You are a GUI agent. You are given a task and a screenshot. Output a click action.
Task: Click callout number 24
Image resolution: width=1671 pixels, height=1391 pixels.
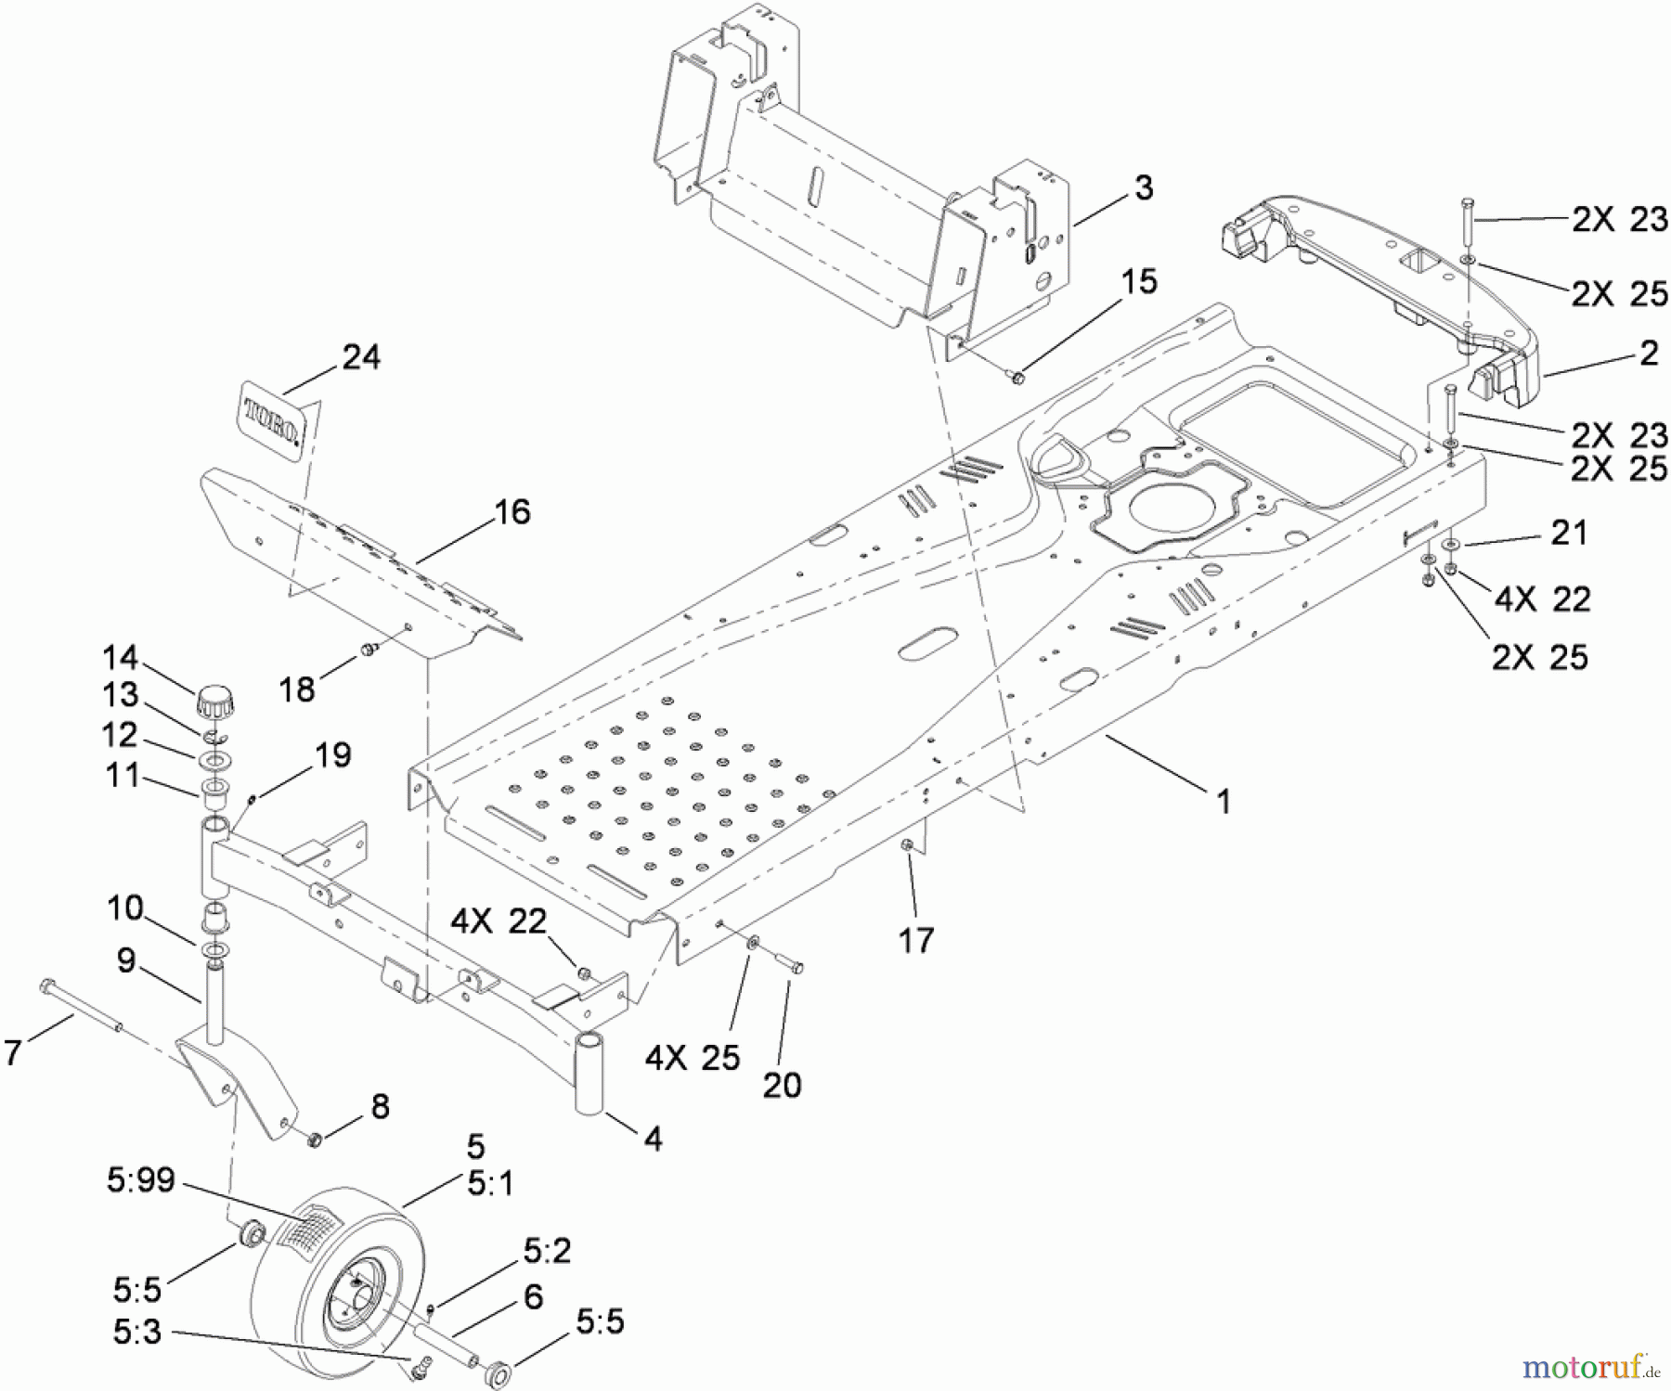click(x=361, y=356)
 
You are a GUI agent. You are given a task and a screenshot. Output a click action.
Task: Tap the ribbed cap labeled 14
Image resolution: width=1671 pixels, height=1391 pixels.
click(x=214, y=702)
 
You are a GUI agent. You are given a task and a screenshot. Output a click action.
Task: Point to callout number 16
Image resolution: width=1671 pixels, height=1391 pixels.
click(x=512, y=511)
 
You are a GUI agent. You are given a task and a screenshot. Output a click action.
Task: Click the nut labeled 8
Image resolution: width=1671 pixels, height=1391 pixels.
click(x=314, y=1138)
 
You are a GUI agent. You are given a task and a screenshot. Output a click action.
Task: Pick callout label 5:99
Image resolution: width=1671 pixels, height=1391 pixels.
click(x=140, y=1180)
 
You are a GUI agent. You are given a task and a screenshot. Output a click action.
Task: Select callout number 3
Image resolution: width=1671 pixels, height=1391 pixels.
click(x=1144, y=187)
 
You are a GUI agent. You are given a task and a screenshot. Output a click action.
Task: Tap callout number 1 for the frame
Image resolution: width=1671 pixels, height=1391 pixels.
click(x=1224, y=801)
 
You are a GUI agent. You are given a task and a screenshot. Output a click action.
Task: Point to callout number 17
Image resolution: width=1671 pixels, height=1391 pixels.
click(x=915, y=940)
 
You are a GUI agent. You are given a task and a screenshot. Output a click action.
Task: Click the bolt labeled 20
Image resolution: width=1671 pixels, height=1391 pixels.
click(x=792, y=966)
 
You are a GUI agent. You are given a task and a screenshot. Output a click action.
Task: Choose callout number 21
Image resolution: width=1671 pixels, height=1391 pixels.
click(x=1569, y=533)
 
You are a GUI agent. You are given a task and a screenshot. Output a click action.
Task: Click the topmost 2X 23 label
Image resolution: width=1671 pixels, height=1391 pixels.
click(x=1619, y=220)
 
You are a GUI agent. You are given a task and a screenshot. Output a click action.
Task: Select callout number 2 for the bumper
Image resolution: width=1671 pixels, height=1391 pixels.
click(x=1649, y=353)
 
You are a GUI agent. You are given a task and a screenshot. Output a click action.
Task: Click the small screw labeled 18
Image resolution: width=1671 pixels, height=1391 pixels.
click(x=369, y=649)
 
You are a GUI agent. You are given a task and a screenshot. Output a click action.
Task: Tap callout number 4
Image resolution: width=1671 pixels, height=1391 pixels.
click(x=653, y=1139)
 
